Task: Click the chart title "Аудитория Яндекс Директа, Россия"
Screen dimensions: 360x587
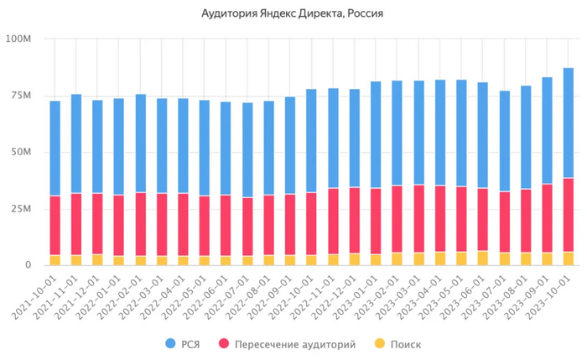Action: tap(293, 14)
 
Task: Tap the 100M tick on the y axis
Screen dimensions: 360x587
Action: tap(18, 39)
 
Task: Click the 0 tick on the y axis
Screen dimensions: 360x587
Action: tap(28, 265)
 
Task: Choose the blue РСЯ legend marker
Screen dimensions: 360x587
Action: tap(171, 343)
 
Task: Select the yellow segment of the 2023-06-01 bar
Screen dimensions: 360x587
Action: tap(481, 258)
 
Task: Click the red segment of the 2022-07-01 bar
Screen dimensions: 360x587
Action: tap(247, 227)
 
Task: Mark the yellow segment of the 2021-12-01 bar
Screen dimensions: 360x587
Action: tap(97, 260)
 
